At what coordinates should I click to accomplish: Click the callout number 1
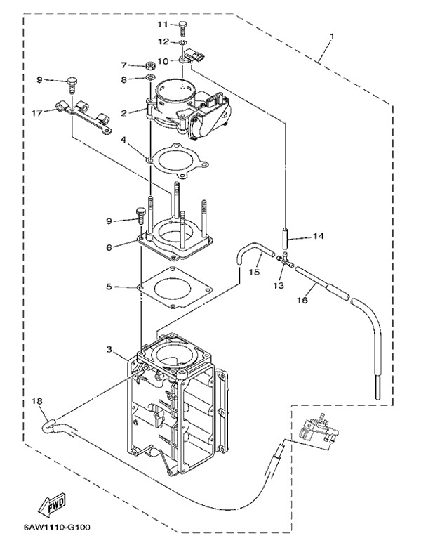[x=332, y=35]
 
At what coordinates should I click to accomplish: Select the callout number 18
[x=37, y=400]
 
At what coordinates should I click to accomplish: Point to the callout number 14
[x=318, y=237]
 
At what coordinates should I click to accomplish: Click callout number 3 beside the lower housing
[x=110, y=349]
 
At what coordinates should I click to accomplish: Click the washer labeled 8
[x=150, y=79]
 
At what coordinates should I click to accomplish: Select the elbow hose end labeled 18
[x=50, y=423]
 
